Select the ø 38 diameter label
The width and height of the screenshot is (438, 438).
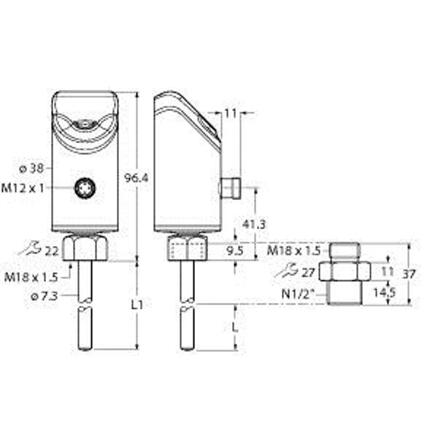31,168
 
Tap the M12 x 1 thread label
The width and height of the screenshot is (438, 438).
23,188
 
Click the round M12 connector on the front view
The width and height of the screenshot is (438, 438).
85,189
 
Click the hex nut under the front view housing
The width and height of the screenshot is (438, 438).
85,249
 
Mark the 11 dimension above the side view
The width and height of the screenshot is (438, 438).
231,112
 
